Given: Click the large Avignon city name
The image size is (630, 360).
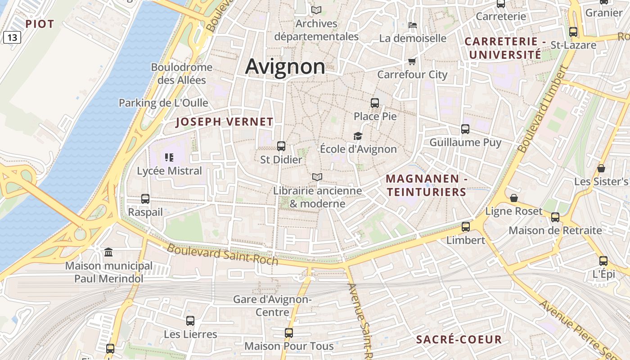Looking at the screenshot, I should pyautogui.click(x=285, y=67).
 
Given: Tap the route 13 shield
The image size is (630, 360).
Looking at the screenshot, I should pyautogui.click(x=12, y=37).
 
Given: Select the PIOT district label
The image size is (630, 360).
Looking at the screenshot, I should pyautogui.click(x=40, y=24).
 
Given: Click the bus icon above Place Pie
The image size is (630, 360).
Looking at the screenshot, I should pyautogui.click(x=375, y=103).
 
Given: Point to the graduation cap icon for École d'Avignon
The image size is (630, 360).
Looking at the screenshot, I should pyautogui.click(x=358, y=136).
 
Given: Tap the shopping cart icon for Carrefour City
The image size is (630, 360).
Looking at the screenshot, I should pyautogui.click(x=412, y=61).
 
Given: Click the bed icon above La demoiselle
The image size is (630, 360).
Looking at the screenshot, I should pyautogui.click(x=412, y=25).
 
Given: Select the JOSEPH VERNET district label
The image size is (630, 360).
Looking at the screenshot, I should pyautogui.click(x=224, y=122).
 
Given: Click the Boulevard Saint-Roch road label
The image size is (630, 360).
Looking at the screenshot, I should pyautogui.click(x=222, y=254).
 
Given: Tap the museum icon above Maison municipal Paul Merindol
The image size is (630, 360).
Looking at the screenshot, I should pyautogui.click(x=108, y=252).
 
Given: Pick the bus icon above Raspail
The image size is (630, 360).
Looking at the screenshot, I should pyautogui.click(x=145, y=198).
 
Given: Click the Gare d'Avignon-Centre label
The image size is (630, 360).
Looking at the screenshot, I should pyautogui.click(x=272, y=305).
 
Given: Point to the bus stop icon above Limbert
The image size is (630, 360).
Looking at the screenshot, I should pyautogui.click(x=466, y=226).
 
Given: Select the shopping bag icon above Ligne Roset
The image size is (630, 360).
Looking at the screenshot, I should pyautogui.click(x=514, y=198).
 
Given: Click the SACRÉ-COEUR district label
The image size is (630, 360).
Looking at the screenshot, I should pyautogui.click(x=459, y=339).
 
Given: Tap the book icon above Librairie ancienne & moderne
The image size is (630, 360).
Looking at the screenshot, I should pyautogui.click(x=317, y=177).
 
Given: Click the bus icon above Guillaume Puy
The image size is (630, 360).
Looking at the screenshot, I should pyautogui.click(x=465, y=129).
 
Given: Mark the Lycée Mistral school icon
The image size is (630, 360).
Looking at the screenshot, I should pyautogui.click(x=169, y=157).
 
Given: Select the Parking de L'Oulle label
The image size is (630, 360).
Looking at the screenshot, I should pyautogui.click(x=163, y=103).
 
